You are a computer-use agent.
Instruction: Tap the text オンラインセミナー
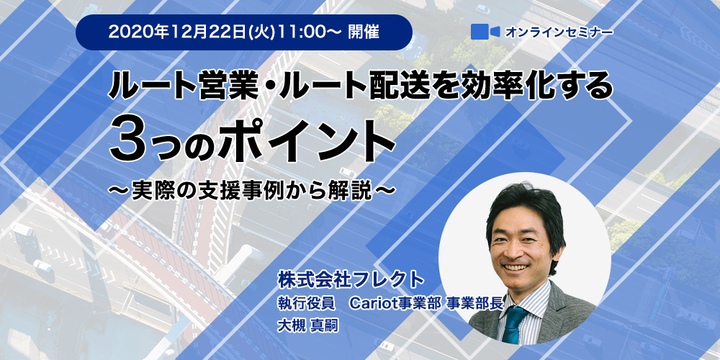[559, 32]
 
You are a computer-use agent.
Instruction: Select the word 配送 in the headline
[387, 86]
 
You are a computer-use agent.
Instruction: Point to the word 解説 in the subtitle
[352, 190]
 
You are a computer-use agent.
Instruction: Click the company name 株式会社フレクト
[350, 279]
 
